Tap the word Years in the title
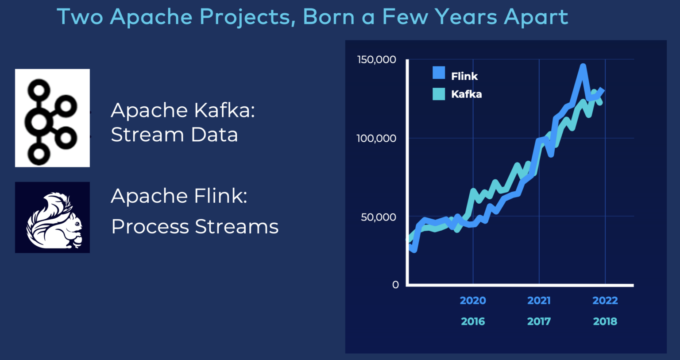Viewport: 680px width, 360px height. pyautogui.click(x=466, y=18)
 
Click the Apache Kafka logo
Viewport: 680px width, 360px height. pyautogui.click(x=52, y=118)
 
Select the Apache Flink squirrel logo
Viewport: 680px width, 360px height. pyautogui.click(x=52, y=217)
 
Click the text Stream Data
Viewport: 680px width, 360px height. pyautogui.click(x=174, y=135)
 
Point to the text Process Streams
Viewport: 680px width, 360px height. pyautogui.click(x=195, y=227)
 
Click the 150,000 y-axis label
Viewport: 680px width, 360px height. pyautogui.click(x=376, y=60)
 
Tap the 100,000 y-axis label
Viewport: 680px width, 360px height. pyautogui.click(x=376, y=139)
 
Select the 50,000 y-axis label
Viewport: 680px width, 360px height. pyautogui.click(x=379, y=217)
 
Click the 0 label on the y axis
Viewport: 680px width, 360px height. pyautogui.click(x=395, y=285)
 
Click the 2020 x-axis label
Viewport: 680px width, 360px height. pyautogui.click(x=473, y=301)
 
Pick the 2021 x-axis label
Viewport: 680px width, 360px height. pyautogui.click(x=539, y=301)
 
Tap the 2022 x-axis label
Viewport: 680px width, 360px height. pyautogui.click(x=605, y=301)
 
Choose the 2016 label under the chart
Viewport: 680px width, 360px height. pyautogui.click(x=473, y=321)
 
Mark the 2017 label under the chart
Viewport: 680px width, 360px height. pyautogui.click(x=539, y=321)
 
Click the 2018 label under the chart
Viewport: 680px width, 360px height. pyautogui.click(x=605, y=321)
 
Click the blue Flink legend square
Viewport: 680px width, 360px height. pyautogui.click(x=439, y=73)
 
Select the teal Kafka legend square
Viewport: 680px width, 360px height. pyautogui.click(x=439, y=94)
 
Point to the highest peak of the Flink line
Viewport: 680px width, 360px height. pyautogui.click(x=583, y=66)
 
